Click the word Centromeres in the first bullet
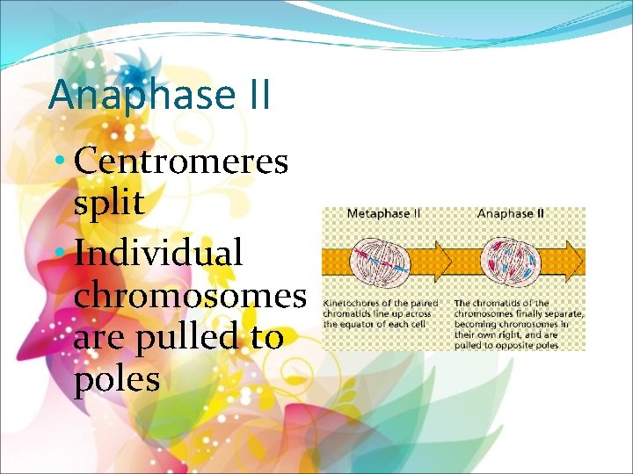tap(181, 161)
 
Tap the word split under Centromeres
tap(109, 203)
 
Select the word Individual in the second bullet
tap(158, 253)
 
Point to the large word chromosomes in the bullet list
tap(190, 295)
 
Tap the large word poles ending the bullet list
tap(117, 378)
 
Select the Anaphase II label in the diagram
tap(511, 213)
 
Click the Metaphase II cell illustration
tap(381, 262)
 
